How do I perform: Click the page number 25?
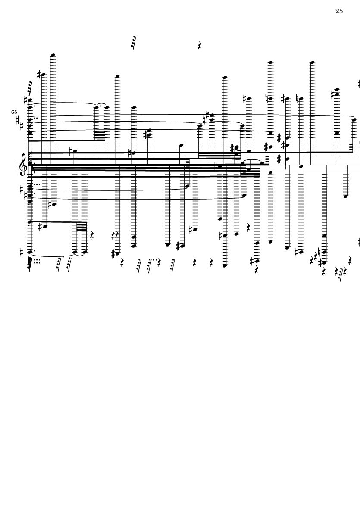pyautogui.click(x=339, y=11)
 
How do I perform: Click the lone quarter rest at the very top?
pyautogui.click(x=200, y=45)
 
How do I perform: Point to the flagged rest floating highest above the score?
pyautogui.click(x=135, y=42)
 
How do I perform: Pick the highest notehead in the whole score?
pyautogui.click(x=53, y=55)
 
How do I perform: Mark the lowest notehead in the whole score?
pyautogui.click(x=224, y=266)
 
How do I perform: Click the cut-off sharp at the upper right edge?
pyautogui.click(x=358, y=84)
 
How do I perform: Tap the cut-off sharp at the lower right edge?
pyautogui.click(x=358, y=242)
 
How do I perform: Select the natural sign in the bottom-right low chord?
pyautogui.click(x=319, y=252)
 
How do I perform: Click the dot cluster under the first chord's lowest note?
pyautogui.click(x=38, y=261)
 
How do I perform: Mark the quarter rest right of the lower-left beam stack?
pyautogui.click(x=92, y=235)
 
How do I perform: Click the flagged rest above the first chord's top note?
pyautogui.click(x=29, y=88)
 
